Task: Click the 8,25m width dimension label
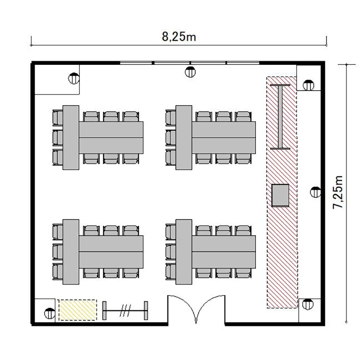pos(179,37)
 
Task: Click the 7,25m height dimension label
pos(338,192)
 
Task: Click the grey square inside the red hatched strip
pos(280,195)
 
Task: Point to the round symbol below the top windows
pos(190,72)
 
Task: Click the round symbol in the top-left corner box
pos(74,78)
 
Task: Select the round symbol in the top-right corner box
pos(308,85)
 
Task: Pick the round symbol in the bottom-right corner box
pos(308,304)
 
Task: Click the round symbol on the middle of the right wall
pos(315,192)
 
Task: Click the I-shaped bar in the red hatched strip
pos(280,117)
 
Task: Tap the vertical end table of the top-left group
pos(71,138)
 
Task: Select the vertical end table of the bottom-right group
pos(184,252)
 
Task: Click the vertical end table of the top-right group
pos(184,138)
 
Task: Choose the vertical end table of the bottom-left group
pos(71,252)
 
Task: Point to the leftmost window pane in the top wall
pos(136,63)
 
